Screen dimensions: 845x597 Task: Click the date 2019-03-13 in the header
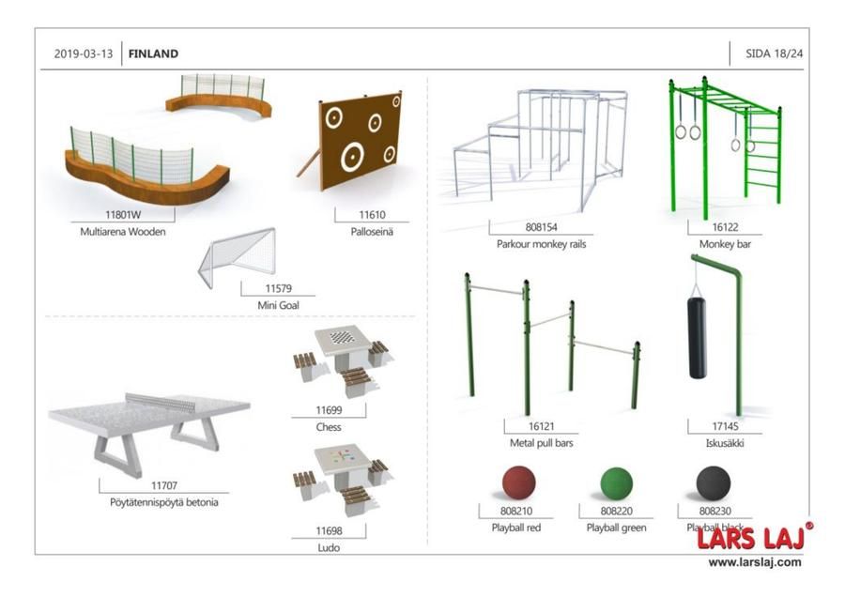pyautogui.click(x=84, y=54)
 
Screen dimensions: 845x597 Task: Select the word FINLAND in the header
pyautogui.click(x=154, y=54)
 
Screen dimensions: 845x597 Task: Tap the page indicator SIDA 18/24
pyautogui.click(x=775, y=54)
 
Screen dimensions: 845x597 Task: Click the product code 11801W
pyautogui.click(x=123, y=214)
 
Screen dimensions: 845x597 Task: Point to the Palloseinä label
pyautogui.click(x=372, y=232)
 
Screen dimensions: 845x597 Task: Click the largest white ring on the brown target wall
pyautogui.click(x=351, y=158)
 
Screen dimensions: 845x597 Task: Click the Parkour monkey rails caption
pyautogui.click(x=541, y=244)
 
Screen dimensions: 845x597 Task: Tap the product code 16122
pyautogui.click(x=725, y=227)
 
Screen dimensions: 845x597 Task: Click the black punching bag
pyautogui.click(x=697, y=337)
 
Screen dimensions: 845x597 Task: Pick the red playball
pyautogui.click(x=519, y=482)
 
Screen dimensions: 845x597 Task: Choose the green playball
pyautogui.click(x=617, y=483)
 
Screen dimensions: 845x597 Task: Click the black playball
pyautogui.click(x=714, y=483)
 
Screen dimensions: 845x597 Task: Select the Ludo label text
pyautogui.click(x=329, y=548)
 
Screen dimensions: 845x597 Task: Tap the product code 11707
pyautogui.click(x=163, y=485)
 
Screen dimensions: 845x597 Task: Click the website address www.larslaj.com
pyautogui.click(x=755, y=562)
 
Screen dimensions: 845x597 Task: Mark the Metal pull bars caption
pyautogui.click(x=541, y=443)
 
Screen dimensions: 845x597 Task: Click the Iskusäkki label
pyautogui.click(x=725, y=443)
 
